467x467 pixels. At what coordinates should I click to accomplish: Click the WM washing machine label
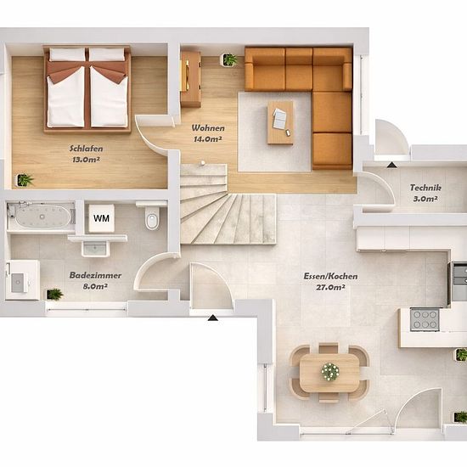101,218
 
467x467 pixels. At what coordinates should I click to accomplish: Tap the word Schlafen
87,149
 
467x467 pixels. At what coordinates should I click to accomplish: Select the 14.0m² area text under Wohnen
208,138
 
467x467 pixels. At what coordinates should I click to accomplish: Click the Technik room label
425,188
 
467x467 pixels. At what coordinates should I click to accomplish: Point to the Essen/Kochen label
330,276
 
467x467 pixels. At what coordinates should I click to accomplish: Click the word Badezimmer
95,275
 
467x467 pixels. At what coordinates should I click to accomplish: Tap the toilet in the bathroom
152,218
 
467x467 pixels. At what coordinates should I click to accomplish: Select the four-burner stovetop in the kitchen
425,319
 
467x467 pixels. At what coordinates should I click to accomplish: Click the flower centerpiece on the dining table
330,371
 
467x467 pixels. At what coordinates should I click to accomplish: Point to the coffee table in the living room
280,122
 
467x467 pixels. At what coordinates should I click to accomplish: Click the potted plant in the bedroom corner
25,180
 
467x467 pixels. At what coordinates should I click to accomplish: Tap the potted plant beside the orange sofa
230,60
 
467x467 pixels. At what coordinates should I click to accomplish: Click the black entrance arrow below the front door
212,318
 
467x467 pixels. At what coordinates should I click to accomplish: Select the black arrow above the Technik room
392,165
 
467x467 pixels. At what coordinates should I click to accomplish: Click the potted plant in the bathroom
54,294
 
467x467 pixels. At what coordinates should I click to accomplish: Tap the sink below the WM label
94,248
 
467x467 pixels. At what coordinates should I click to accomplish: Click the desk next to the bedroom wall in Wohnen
190,79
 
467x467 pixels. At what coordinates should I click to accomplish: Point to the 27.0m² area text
330,287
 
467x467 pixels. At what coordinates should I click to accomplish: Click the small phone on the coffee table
288,132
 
